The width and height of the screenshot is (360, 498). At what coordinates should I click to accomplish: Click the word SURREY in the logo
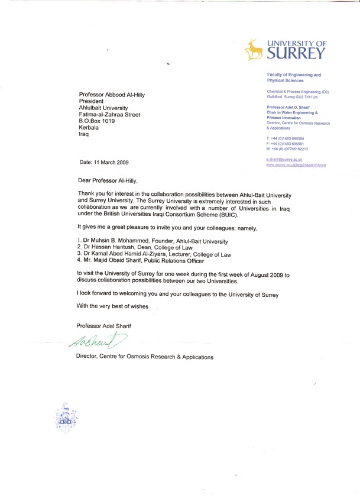point(296,54)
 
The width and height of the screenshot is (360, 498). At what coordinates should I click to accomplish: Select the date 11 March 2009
point(103,162)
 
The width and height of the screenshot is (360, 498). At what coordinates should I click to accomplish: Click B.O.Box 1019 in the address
point(99,120)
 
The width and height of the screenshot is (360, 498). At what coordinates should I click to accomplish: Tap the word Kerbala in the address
point(90,128)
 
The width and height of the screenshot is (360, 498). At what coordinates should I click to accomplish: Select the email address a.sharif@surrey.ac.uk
point(284,160)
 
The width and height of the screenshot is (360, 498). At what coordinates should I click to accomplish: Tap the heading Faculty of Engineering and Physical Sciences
point(294,77)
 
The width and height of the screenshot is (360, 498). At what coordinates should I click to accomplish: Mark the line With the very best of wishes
point(113,306)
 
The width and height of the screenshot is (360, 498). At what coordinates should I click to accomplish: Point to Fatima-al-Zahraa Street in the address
point(109,114)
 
